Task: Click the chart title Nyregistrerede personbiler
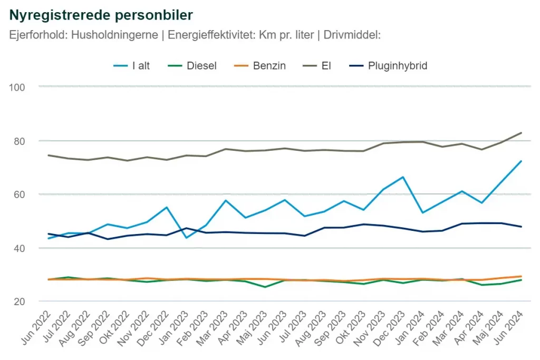101,15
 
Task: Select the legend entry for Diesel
201,66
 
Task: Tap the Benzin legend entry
269,66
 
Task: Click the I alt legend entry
141,66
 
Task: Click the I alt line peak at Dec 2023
403,177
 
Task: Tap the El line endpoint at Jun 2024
521,133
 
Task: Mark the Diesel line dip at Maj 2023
265,287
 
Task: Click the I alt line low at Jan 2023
186,238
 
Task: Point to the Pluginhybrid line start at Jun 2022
49,234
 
